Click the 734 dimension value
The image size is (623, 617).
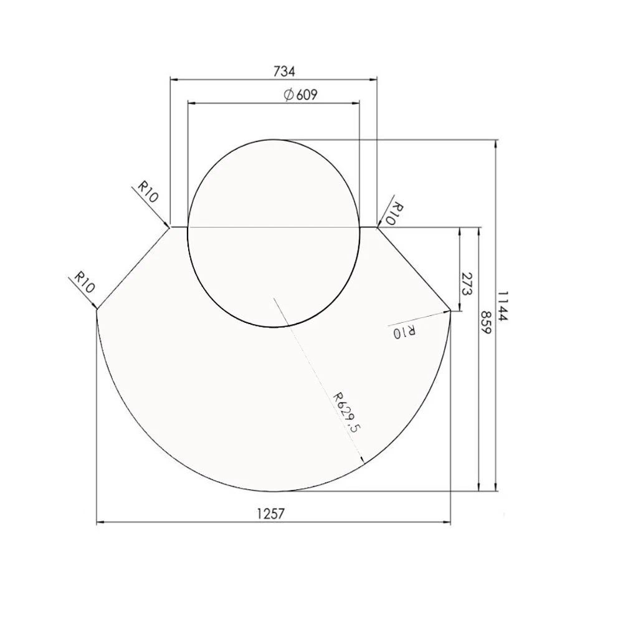[x=283, y=71]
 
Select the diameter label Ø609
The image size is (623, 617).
[x=300, y=95]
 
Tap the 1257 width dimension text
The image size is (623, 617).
[x=270, y=514]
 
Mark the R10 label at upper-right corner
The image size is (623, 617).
[x=396, y=214]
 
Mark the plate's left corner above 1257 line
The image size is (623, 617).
[x=97, y=310]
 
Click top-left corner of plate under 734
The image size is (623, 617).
[x=171, y=227]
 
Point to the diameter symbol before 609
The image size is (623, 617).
[x=288, y=95]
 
